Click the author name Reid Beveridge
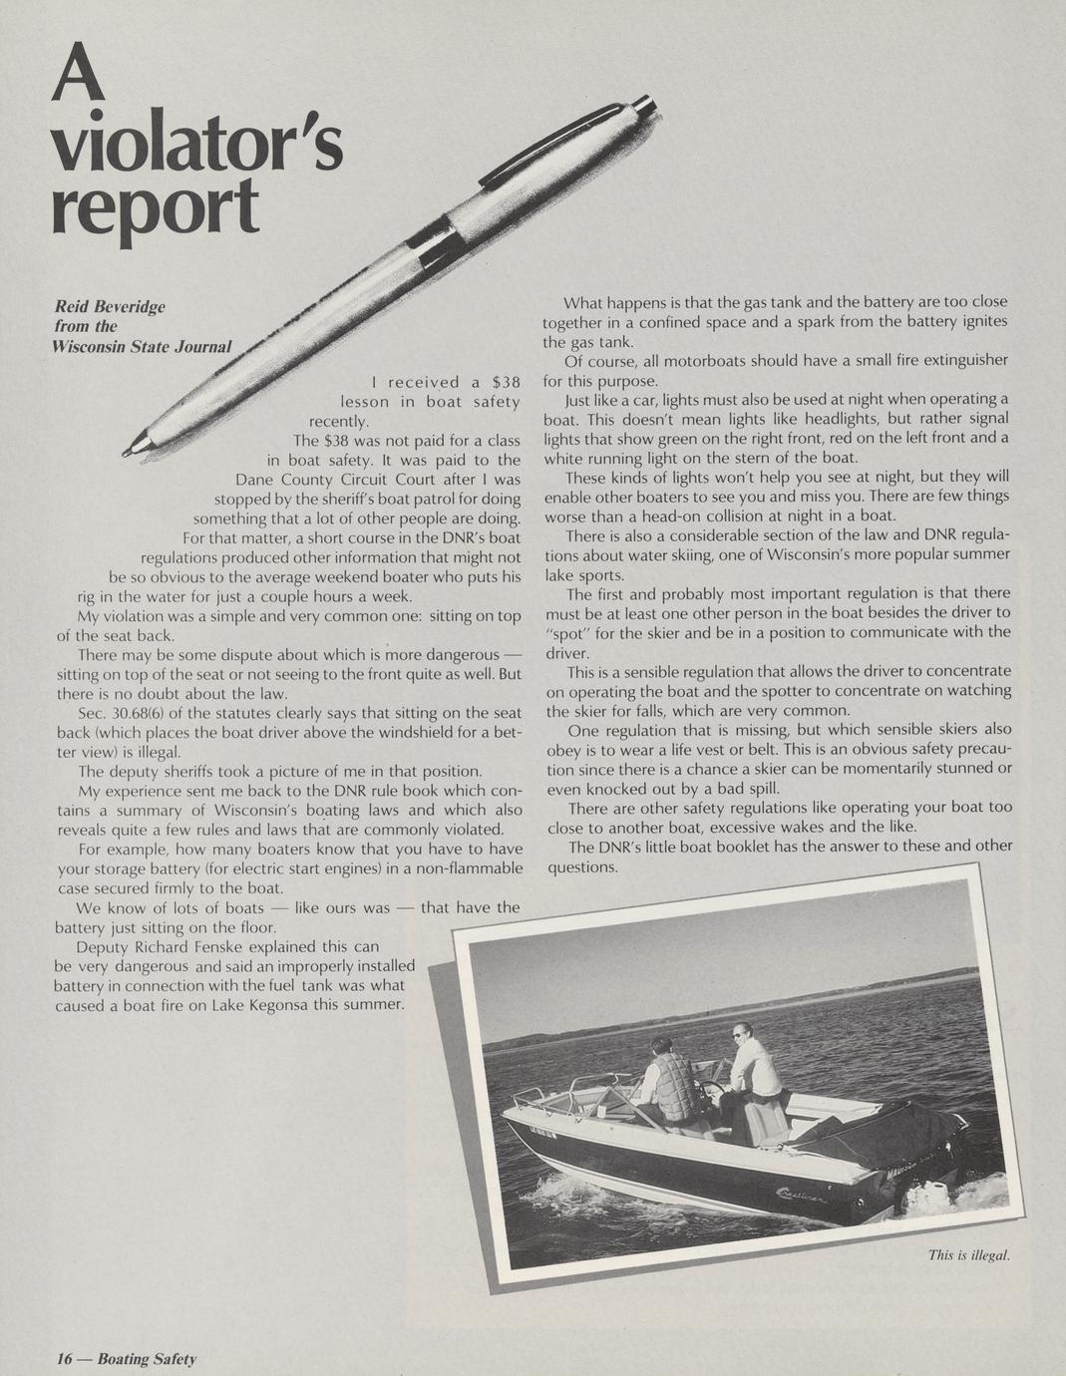click(110, 306)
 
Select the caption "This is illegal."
click(969, 1254)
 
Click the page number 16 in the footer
click(65, 1358)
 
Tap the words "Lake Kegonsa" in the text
click(260, 1004)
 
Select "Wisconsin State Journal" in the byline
click(142, 346)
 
